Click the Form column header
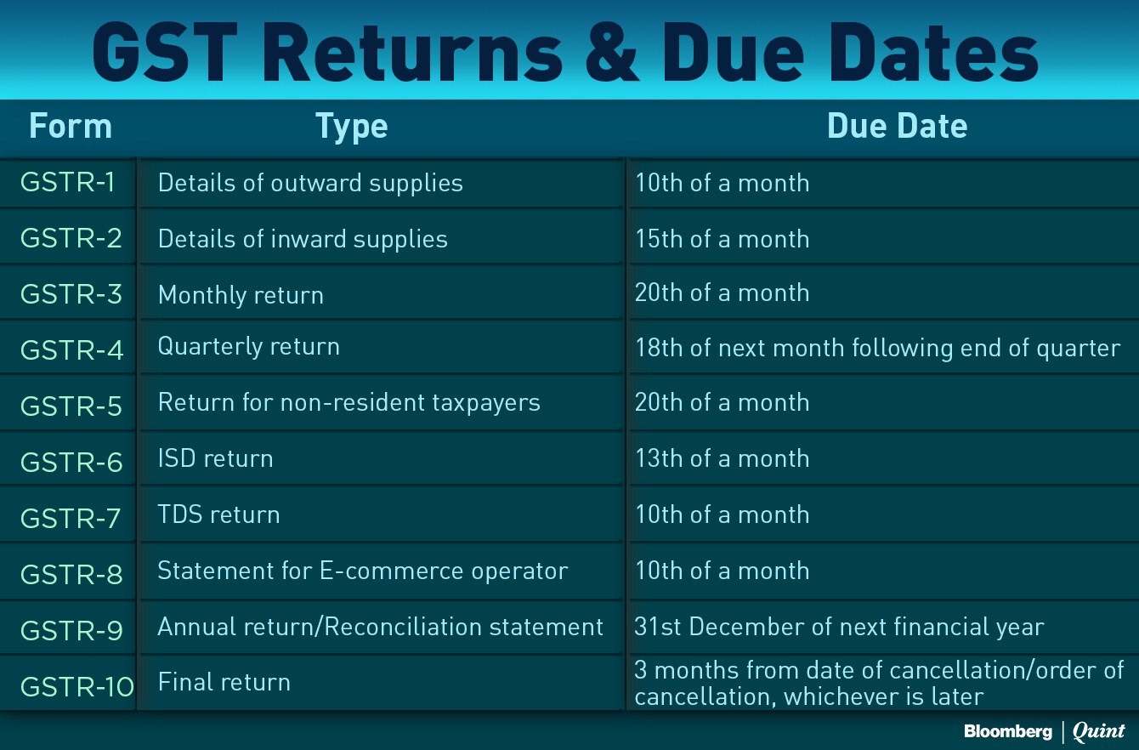[x=71, y=126]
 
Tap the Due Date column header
[x=897, y=126]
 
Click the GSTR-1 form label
[x=68, y=182]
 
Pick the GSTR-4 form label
[x=71, y=350]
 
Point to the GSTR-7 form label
[x=71, y=519]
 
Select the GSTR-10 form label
[x=77, y=686]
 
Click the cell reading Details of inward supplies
[x=303, y=239]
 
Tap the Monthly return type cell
[x=241, y=295]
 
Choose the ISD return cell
[x=216, y=458]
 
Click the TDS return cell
[x=218, y=514]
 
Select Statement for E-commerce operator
[x=363, y=571]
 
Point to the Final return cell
[x=224, y=682]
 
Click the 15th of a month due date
[x=722, y=239]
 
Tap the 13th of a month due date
[x=722, y=458]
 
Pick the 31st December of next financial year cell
[x=839, y=627]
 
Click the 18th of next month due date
[x=878, y=349]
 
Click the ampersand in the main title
[x=612, y=53]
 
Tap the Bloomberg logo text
[x=1008, y=732]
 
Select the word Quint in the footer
[x=1098, y=731]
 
